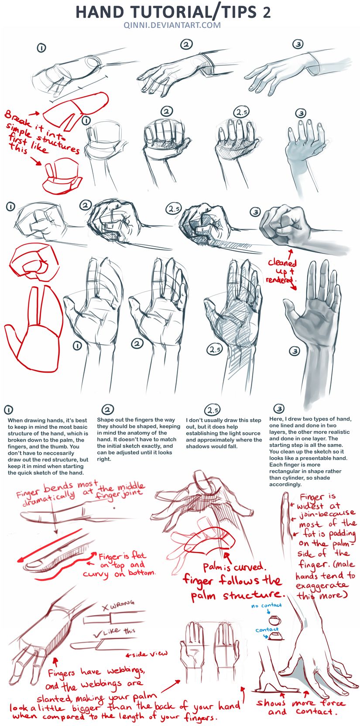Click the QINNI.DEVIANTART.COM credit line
click(172, 25)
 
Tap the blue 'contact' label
click(267, 629)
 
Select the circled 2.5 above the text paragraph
click(213, 410)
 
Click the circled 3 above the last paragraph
click(279, 408)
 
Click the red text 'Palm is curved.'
click(233, 567)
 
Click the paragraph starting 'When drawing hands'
click(48, 446)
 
